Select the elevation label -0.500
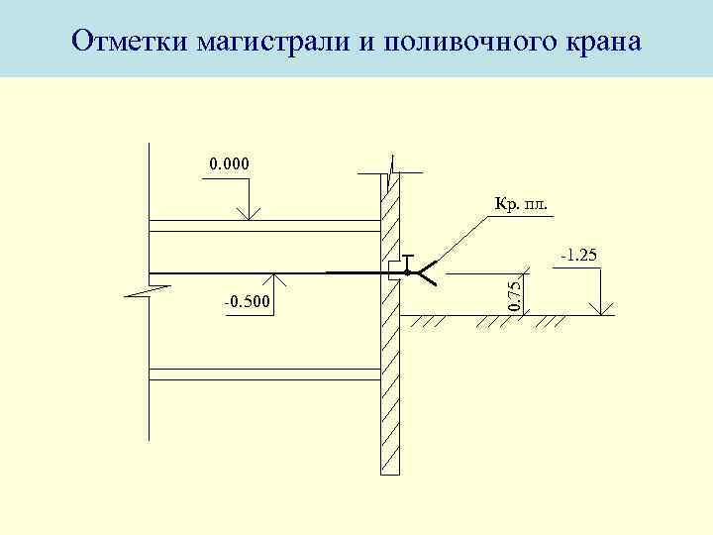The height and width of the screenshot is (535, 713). click(250, 299)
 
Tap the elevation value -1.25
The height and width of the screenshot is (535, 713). click(578, 257)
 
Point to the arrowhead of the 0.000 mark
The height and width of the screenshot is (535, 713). click(247, 215)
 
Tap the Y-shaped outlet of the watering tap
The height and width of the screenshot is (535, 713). click(428, 272)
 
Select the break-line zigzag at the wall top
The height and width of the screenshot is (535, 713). click(393, 170)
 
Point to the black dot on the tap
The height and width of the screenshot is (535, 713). click(407, 272)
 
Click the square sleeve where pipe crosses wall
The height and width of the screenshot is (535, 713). click(394, 272)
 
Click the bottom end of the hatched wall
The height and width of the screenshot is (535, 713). click(390, 472)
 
